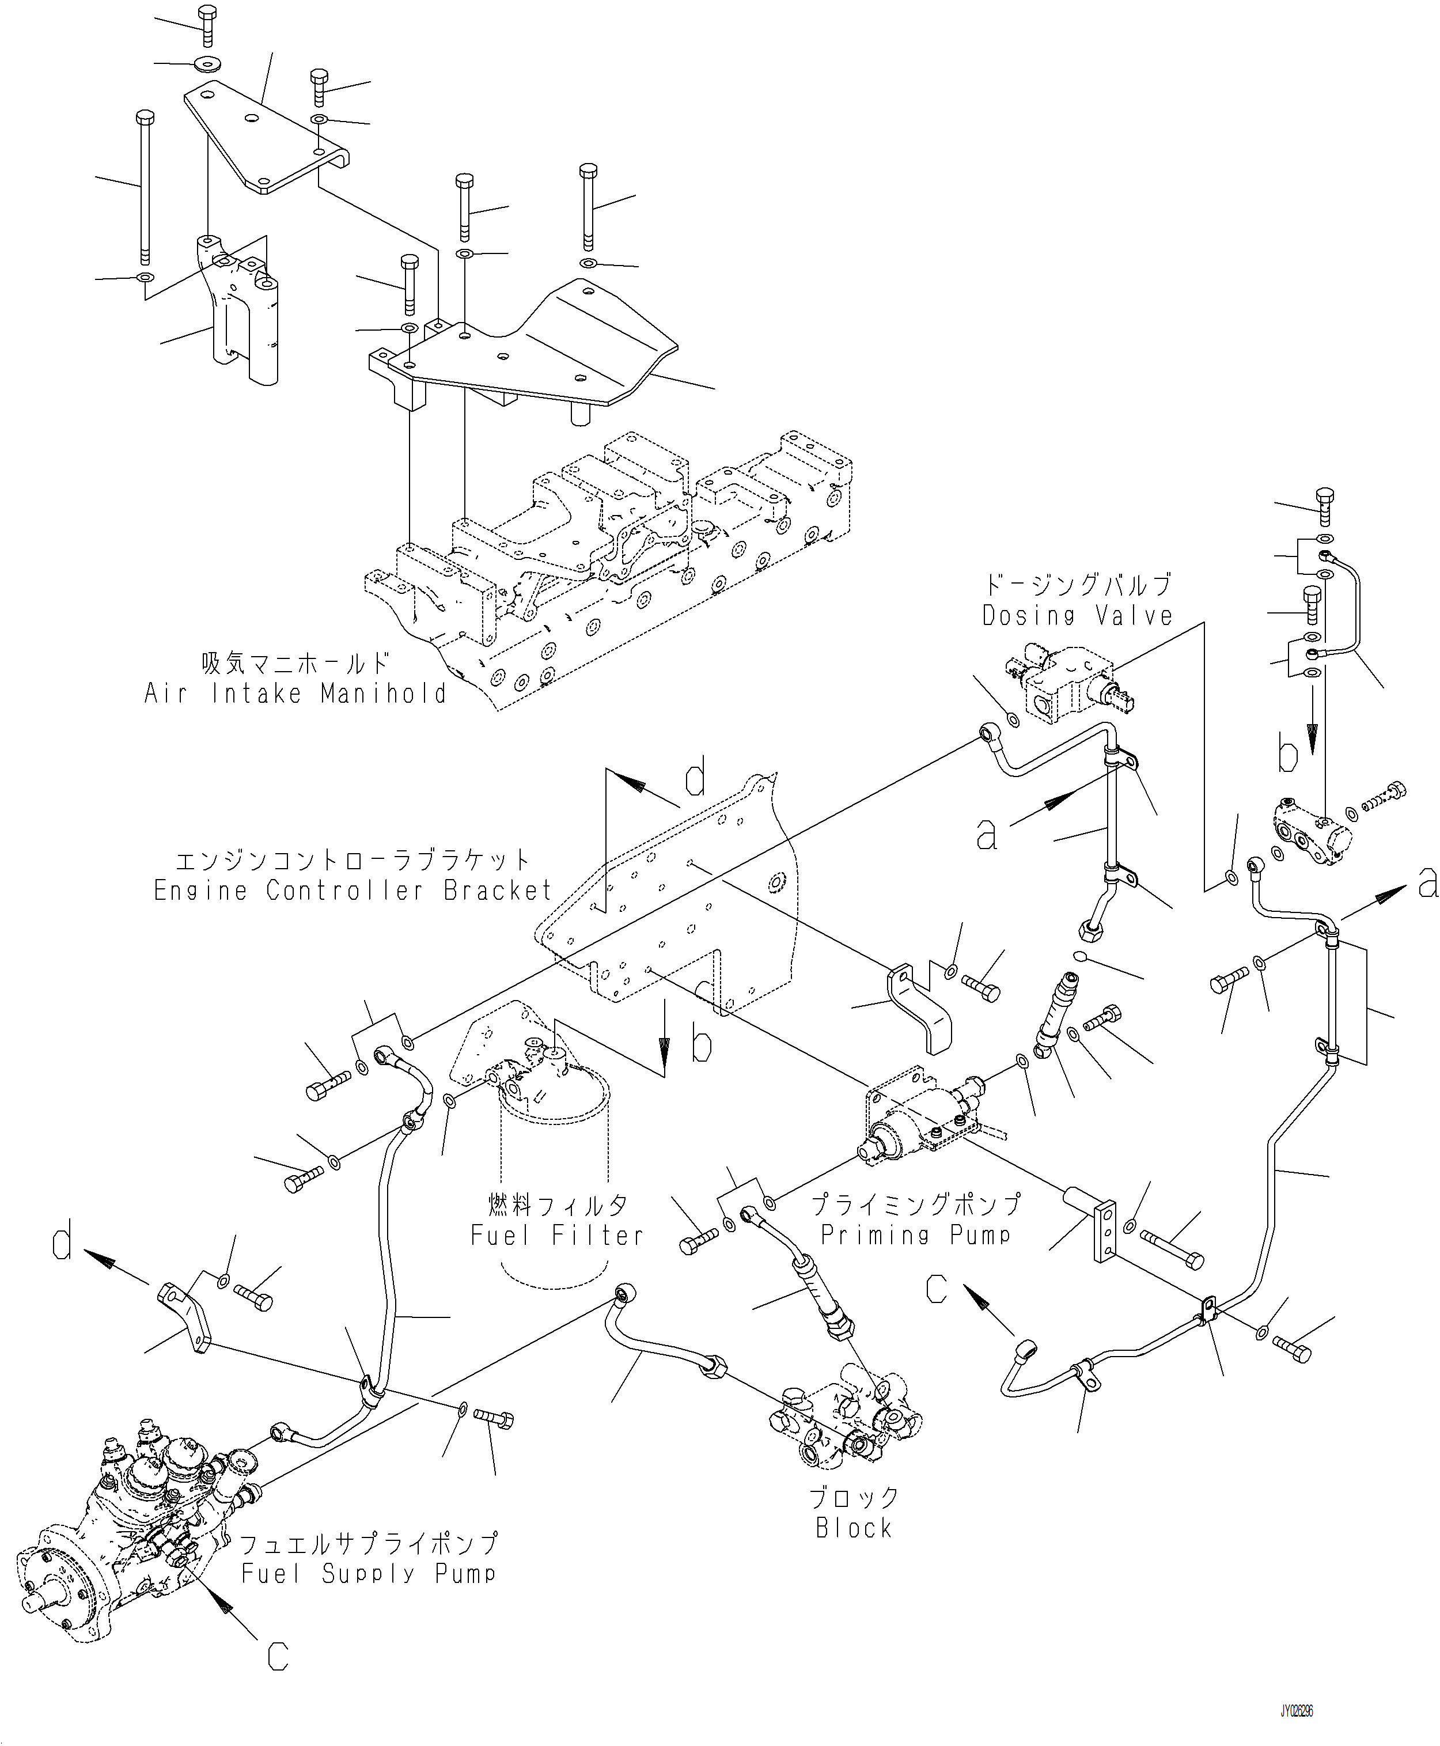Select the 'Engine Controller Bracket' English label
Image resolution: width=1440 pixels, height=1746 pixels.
pos(353,890)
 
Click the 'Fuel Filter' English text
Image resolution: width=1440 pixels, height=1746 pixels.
pos(556,1235)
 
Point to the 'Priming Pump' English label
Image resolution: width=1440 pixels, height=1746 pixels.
pos(916,1234)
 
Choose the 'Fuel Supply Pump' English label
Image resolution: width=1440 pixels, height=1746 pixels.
pos(369,1573)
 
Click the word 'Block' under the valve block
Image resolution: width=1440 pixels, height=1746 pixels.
pos(854,1527)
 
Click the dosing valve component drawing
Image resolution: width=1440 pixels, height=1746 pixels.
pos(1066,688)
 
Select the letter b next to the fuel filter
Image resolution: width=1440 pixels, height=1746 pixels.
pos(702,1046)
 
